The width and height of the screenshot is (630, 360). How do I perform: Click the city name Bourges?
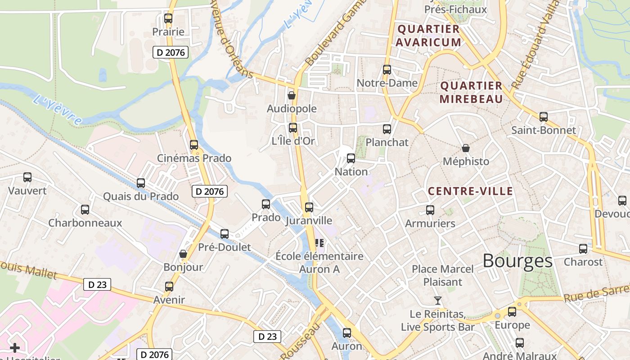coord(517,261)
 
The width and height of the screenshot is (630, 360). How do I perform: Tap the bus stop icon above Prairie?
coord(168,18)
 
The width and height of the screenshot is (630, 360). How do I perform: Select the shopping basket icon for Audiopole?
coord(292,95)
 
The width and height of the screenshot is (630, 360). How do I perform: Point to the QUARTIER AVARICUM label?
coord(429,36)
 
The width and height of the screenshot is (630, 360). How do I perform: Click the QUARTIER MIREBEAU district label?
coord(471,92)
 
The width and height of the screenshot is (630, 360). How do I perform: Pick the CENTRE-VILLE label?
coord(470,191)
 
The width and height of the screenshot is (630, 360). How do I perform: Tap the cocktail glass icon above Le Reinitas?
coord(437,300)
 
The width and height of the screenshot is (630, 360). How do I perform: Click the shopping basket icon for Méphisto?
coord(466,148)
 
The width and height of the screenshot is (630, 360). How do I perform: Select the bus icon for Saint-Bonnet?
coord(544,117)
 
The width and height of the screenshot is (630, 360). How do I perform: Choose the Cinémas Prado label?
coord(194,158)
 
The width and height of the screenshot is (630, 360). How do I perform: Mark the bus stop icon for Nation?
coord(351,158)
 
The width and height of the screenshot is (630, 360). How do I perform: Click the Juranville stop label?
coord(309,220)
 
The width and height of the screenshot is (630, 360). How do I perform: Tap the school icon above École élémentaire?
coord(320,243)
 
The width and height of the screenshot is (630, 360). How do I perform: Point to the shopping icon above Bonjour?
coord(183,254)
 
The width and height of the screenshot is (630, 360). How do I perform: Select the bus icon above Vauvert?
coord(27,177)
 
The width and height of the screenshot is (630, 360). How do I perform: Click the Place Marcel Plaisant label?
coord(443,275)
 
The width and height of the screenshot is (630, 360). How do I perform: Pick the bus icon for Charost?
coord(583,248)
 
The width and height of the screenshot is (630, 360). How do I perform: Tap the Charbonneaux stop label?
coord(85,223)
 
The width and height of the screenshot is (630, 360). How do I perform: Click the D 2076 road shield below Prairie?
coord(170,53)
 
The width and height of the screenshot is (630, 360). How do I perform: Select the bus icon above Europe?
coord(512,311)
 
